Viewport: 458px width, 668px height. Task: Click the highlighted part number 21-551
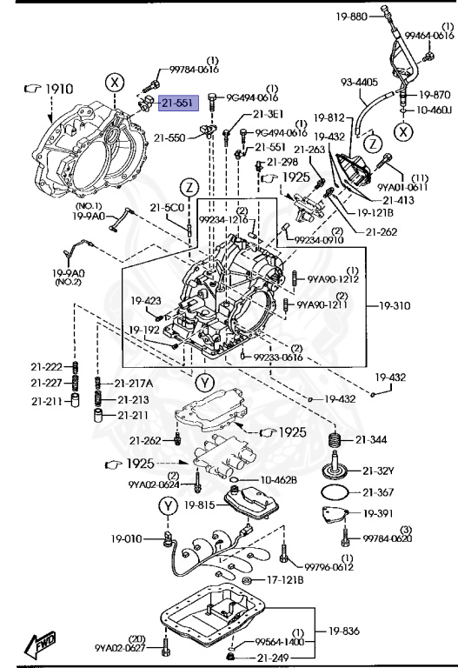click(178, 103)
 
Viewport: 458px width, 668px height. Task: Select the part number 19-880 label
click(352, 17)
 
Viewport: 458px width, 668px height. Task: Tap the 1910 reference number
click(59, 89)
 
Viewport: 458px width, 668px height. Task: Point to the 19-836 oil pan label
click(344, 631)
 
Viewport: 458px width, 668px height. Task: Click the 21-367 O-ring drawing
click(335, 493)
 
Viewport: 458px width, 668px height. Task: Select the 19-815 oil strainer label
click(200, 505)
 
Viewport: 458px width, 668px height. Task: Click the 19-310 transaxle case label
click(395, 305)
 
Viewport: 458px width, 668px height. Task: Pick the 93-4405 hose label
click(359, 83)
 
